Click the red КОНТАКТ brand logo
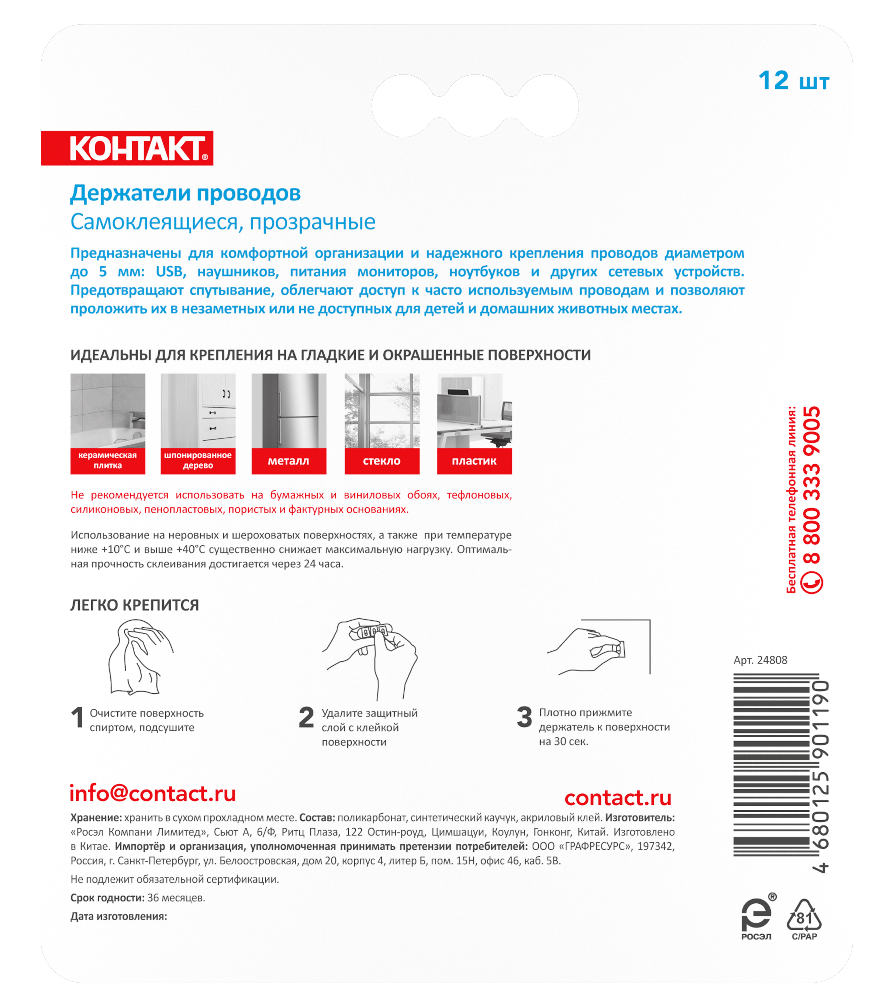coord(127,148)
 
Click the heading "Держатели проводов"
coord(185,193)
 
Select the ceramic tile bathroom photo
coord(107,410)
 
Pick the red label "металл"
coord(289,461)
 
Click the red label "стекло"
coord(382,461)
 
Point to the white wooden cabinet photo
coord(198,410)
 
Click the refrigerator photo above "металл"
coord(289,410)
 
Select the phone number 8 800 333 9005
coord(812,485)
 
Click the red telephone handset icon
coord(811,582)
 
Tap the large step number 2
coord(306,717)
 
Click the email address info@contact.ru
coord(153,793)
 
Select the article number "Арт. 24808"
coord(760,660)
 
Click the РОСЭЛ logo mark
coord(756,915)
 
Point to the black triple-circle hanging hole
coord(475,106)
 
